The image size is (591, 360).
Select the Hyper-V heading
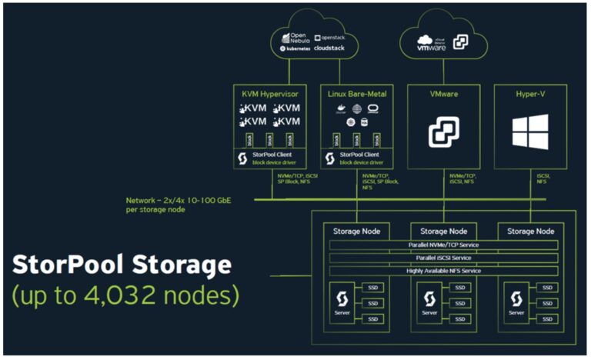532,94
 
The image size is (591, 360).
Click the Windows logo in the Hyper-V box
532,132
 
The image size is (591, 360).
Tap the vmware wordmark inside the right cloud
432,46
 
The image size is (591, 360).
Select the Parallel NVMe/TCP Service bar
442,245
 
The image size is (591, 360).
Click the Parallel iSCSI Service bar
442,258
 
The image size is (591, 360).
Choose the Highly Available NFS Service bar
442,271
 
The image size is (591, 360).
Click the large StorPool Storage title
122,265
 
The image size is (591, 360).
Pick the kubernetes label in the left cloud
297,48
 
